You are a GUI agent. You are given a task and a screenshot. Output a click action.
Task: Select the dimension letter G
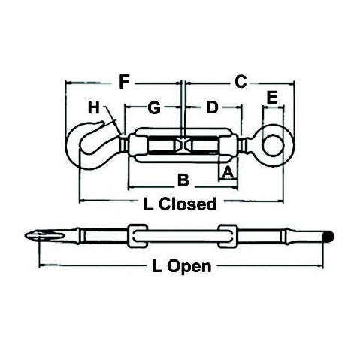153,108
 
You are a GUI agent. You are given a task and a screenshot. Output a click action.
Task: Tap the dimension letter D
213,108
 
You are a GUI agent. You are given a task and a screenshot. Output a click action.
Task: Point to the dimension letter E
271,97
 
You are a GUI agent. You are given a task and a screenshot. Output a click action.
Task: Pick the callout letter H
93,108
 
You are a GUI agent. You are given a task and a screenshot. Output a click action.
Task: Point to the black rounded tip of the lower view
328,237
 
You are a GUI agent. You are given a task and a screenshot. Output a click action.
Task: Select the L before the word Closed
147,204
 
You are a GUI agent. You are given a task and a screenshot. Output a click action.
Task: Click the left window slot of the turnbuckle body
161,146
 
